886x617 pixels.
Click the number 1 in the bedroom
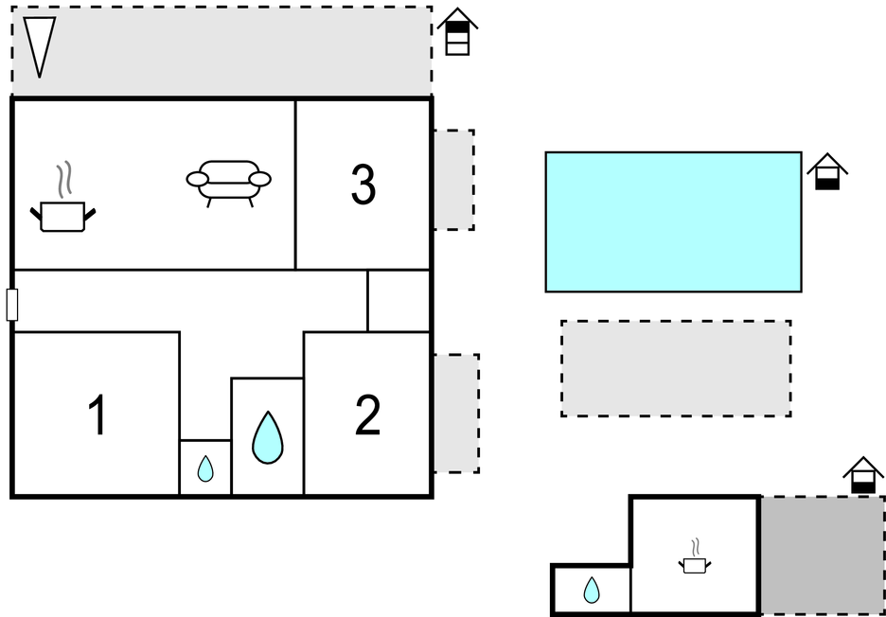pos(97,416)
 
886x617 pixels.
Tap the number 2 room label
pos(367,415)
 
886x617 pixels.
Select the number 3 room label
pos(363,185)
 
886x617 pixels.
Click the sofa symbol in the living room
pos(229,182)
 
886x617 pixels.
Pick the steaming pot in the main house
pos(64,210)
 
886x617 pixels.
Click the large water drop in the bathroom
pos(268,437)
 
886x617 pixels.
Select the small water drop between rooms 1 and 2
pos(205,468)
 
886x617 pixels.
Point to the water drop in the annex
pos(592,591)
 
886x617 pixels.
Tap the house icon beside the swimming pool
pos(827,171)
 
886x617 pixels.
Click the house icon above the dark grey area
pos(863,476)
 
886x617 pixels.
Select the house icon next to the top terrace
pos(457,32)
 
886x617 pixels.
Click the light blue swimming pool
pos(673,221)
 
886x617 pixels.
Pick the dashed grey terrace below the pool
pos(676,368)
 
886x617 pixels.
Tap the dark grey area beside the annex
pos(822,555)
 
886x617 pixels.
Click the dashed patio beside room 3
pos(453,180)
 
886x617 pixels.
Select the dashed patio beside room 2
pos(455,414)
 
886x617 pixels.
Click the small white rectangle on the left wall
pos(12,305)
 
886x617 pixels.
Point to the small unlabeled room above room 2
pos(399,301)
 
